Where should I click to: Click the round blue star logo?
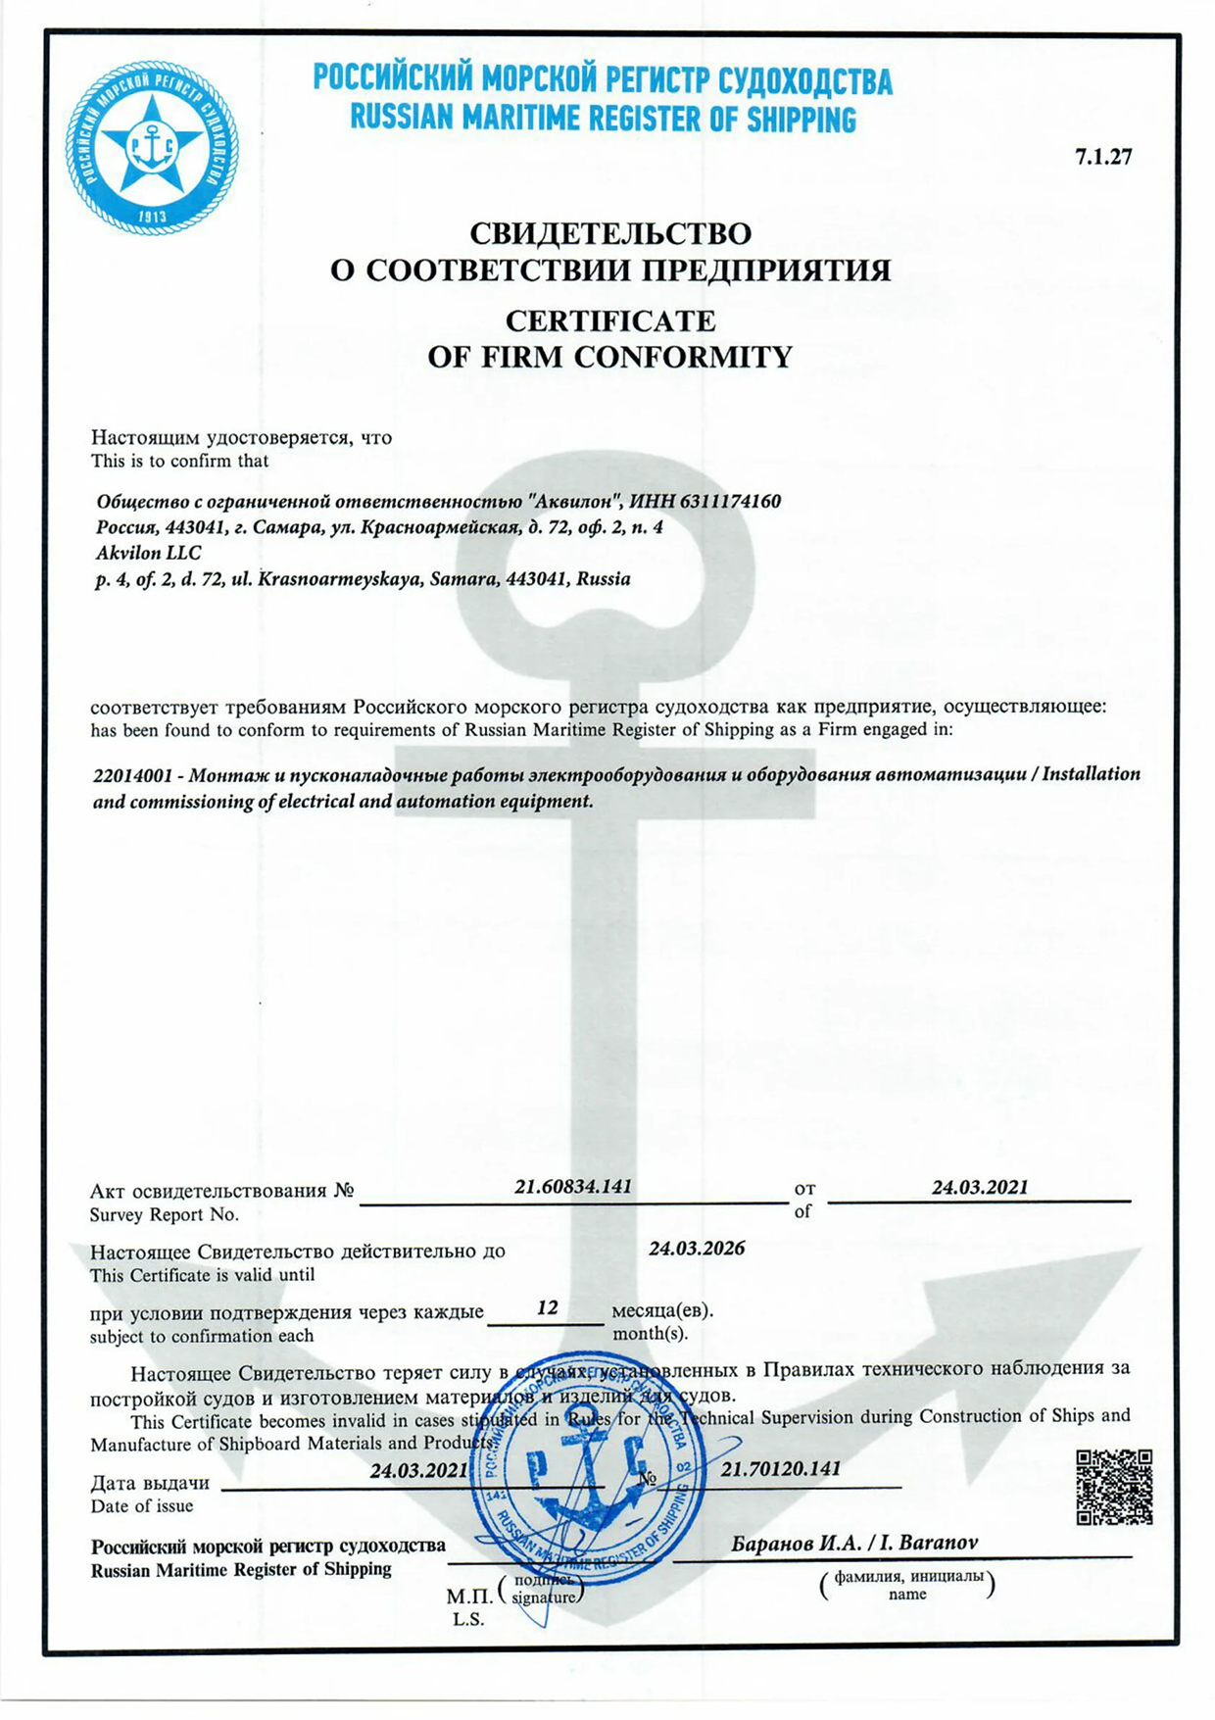(x=152, y=147)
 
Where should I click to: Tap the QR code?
(x=1114, y=1487)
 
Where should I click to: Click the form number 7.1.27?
(x=1103, y=157)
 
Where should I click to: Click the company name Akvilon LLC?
(x=148, y=553)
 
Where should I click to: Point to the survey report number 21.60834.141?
(x=573, y=1186)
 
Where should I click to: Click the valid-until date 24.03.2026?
(x=697, y=1249)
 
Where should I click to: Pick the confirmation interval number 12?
(x=548, y=1307)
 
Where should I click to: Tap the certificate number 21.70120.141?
(x=781, y=1469)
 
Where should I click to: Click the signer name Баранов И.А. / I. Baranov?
(x=854, y=1543)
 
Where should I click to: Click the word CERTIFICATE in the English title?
(x=609, y=320)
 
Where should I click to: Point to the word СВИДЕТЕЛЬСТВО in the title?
(x=610, y=233)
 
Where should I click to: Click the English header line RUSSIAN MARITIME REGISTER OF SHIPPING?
(x=603, y=120)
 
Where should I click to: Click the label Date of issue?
(x=142, y=1506)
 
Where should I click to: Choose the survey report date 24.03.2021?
(x=980, y=1187)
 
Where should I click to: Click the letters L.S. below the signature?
(x=468, y=1620)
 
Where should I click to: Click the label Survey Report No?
(x=165, y=1215)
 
